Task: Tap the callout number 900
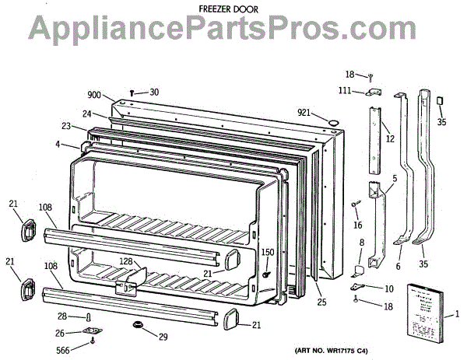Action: pos(94,95)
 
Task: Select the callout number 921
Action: pos(306,113)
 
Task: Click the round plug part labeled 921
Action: pos(332,121)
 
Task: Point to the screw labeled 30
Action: pos(132,93)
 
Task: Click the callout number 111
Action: pos(344,92)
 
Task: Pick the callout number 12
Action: pos(390,139)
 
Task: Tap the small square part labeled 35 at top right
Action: pos(441,101)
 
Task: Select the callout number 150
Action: pos(267,253)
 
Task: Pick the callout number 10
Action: pos(388,288)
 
